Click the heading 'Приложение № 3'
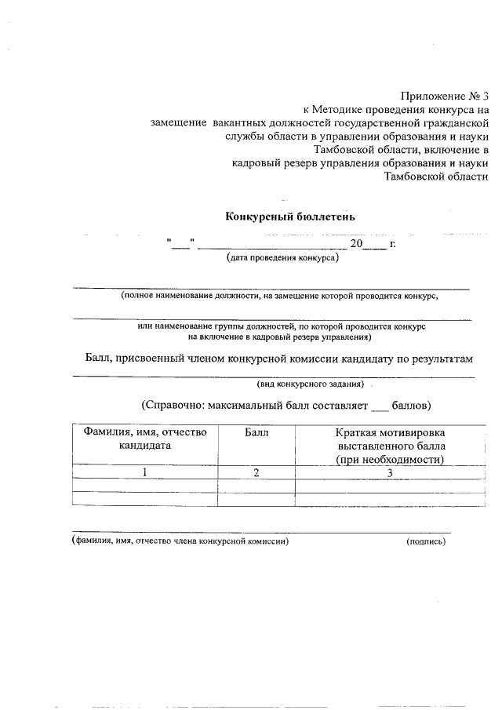444,96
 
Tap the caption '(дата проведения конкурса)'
282,257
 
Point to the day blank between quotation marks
180,244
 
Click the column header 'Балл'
256,432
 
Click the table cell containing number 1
145,472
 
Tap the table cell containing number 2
256,472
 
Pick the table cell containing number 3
390,472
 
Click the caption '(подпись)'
425,541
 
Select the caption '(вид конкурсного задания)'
311,384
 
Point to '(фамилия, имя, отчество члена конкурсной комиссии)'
180,541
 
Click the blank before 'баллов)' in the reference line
379,406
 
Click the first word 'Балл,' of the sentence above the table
99,359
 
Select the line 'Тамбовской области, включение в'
400,150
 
